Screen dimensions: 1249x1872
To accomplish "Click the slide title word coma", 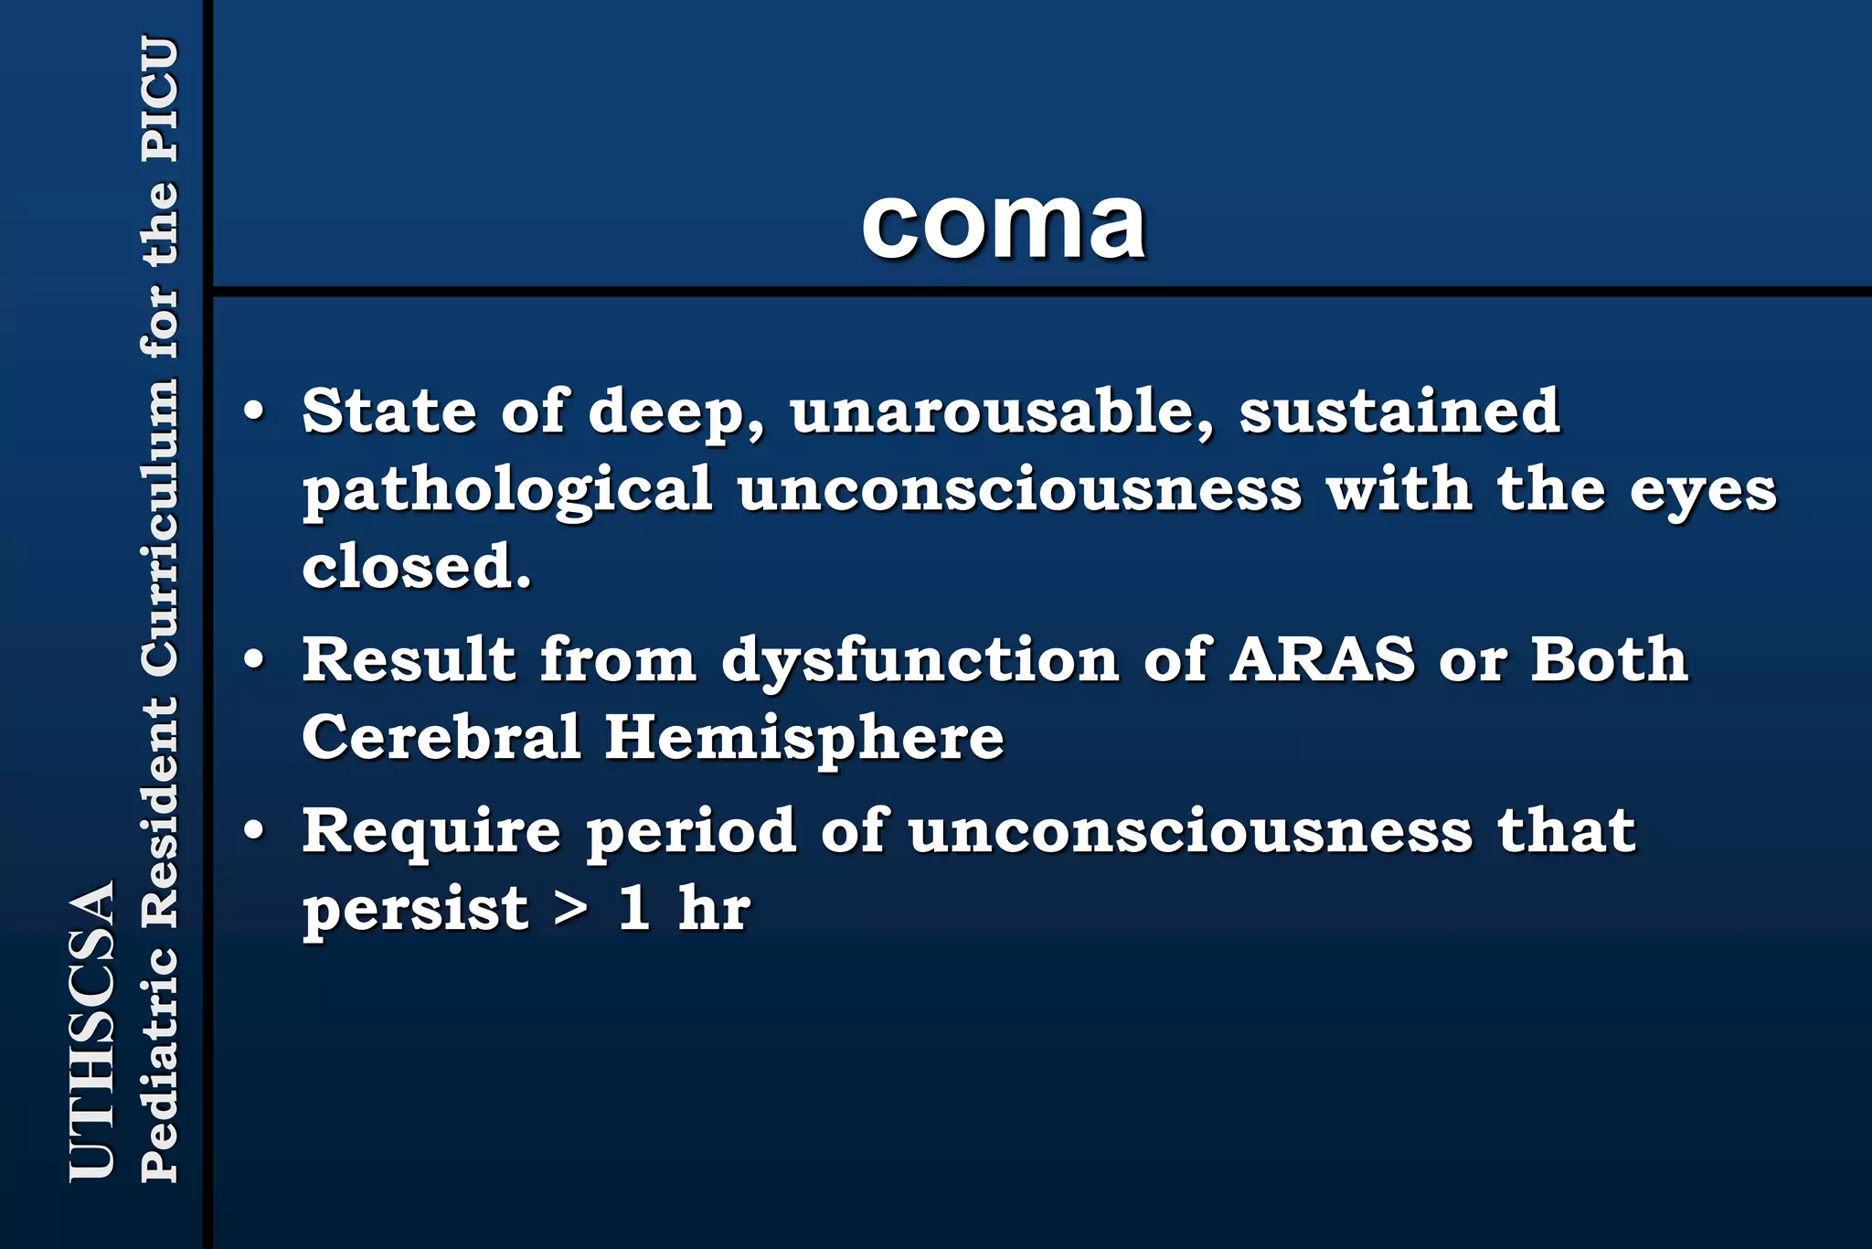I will coord(1003,224).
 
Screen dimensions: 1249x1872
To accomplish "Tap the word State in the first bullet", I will coord(389,411).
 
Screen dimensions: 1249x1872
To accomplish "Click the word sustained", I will coord(1399,411).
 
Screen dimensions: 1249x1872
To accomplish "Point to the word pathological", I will coord(507,490).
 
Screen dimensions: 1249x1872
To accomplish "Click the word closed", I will coord(417,566).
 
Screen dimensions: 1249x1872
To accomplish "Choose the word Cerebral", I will coord(441,736).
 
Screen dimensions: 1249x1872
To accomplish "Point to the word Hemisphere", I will coord(804,738).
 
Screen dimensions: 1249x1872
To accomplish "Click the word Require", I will coord(431,831).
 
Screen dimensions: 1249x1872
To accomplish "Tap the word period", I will coord(691,833).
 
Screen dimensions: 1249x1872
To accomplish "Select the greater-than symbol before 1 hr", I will coord(572,910).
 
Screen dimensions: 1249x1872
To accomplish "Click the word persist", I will coord(416,911).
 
